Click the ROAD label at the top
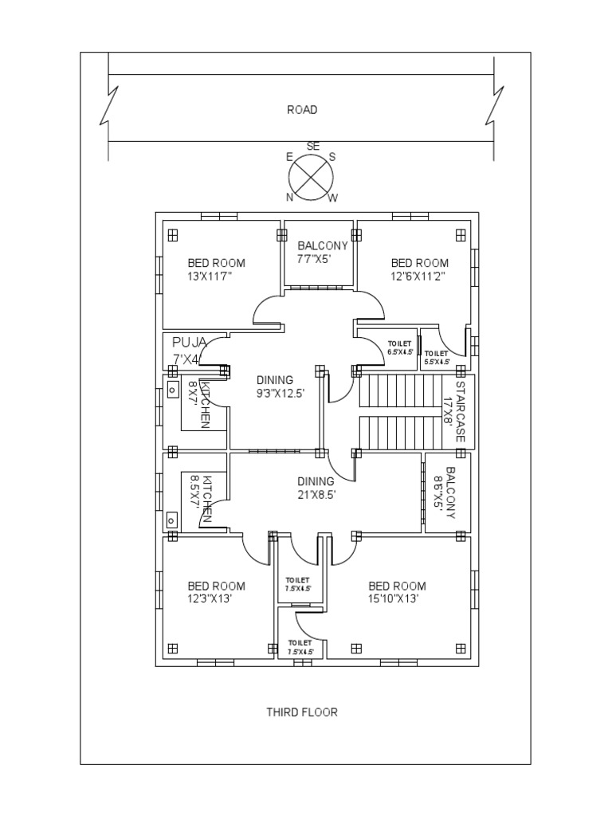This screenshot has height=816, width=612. tap(302, 110)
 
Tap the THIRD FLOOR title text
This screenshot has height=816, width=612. tap(301, 712)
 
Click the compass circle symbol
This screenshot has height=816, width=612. tap(312, 176)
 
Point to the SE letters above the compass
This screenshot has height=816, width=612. tap(312, 147)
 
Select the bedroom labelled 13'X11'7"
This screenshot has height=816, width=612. tap(216, 269)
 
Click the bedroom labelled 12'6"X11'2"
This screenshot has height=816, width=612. tap(419, 269)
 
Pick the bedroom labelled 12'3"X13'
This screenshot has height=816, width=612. tap(216, 592)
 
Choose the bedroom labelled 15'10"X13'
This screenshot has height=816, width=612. tap(397, 592)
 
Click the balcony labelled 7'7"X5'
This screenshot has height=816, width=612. tap(322, 252)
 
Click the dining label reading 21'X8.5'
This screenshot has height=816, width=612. tap(316, 488)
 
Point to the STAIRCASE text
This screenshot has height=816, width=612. tap(457, 411)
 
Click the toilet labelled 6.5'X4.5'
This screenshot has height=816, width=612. tap(401, 347)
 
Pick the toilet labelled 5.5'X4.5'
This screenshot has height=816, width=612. tap(437, 357)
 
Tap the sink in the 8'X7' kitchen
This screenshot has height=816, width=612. tap(172, 390)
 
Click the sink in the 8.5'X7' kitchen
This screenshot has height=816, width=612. tap(171, 520)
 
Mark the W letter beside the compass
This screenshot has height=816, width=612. tap(333, 198)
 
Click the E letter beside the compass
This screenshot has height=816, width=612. tap(289, 157)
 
